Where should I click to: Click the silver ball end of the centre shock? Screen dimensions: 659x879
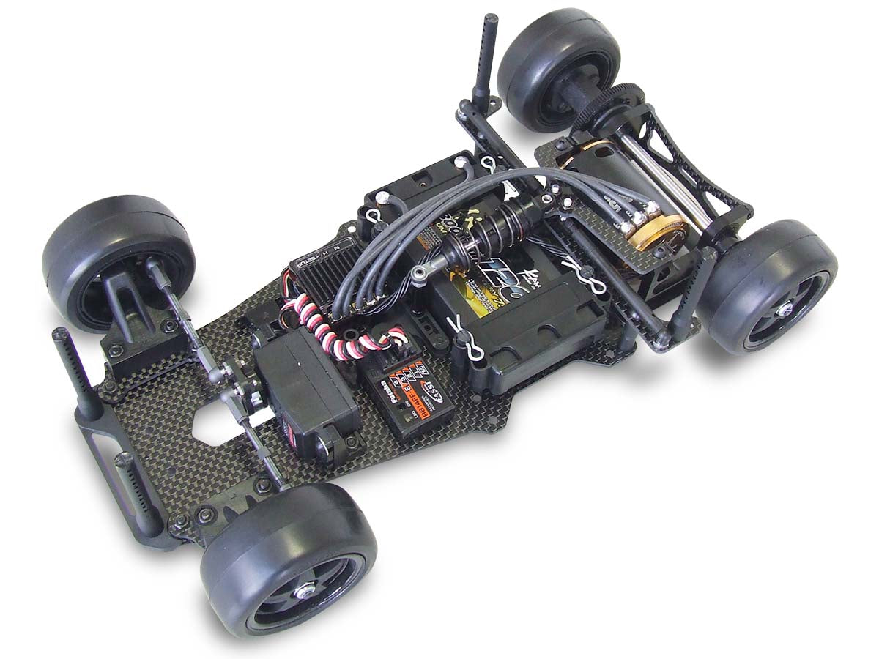tap(419, 275)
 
